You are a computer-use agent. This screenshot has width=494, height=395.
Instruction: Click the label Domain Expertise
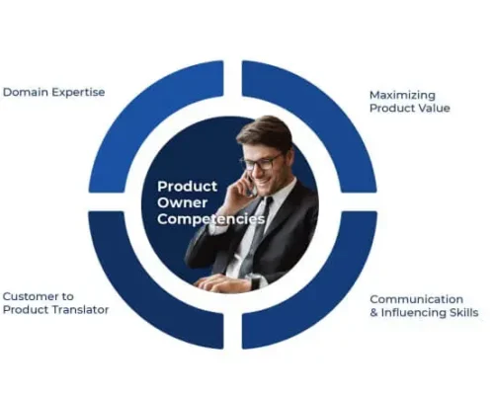click(53, 92)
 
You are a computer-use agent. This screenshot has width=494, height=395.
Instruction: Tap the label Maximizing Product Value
click(409, 101)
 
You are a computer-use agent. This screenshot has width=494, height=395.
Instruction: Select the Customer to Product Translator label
click(55, 302)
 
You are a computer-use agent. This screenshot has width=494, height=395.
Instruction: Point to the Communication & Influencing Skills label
click(423, 305)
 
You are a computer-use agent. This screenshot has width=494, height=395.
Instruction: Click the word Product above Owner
click(188, 185)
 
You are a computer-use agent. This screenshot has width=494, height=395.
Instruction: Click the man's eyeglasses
click(261, 162)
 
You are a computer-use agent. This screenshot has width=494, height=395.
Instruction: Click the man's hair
click(265, 131)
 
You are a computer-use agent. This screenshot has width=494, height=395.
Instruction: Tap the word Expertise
click(78, 92)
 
